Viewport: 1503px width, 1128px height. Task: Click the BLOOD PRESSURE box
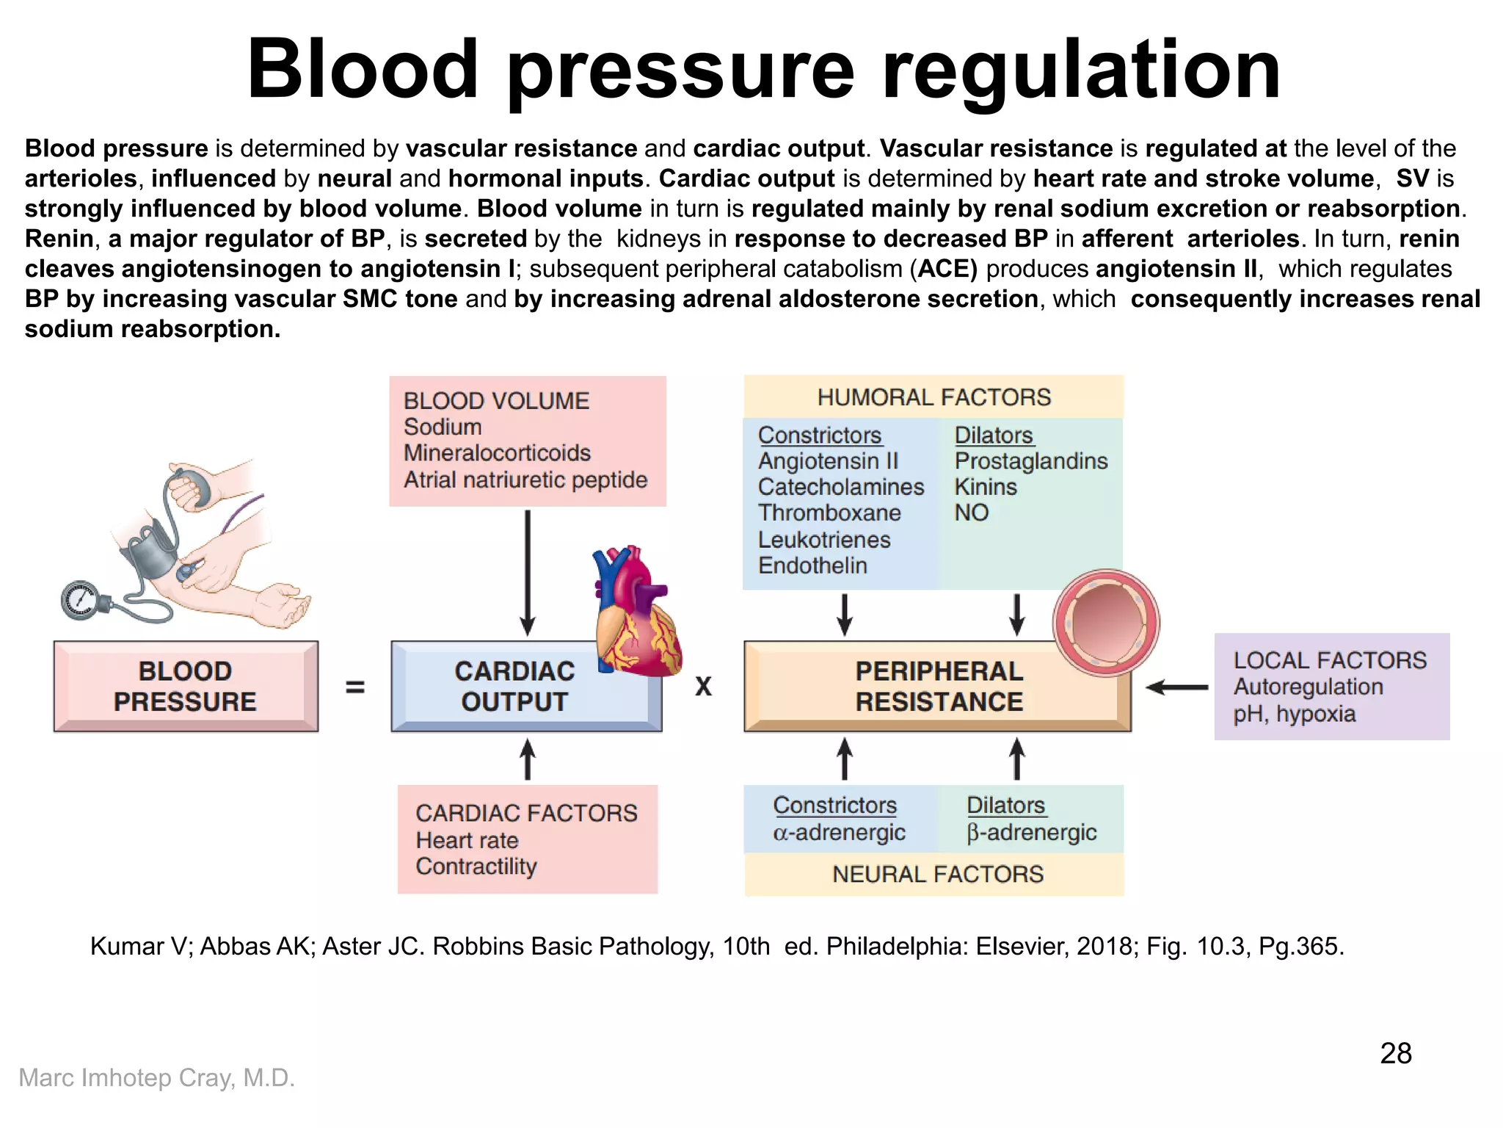[186, 686]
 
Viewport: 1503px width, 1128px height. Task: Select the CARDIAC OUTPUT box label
[514, 686]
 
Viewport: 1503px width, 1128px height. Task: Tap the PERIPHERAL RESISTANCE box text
[939, 686]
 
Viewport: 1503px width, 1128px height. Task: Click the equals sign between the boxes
[355, 687]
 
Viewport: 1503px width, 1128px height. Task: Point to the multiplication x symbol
[703, 687]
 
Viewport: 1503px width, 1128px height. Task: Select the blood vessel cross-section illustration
[1106, 623]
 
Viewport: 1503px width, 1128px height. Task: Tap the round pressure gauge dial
[79, 600]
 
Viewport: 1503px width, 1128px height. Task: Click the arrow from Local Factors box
[1177, 687]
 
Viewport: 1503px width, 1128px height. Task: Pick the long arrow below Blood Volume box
[527, 573]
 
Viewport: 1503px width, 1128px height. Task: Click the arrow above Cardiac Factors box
[527, 759]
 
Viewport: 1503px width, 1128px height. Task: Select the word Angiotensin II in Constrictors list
[828, 461]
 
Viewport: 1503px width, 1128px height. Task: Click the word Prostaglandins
[1030, 461]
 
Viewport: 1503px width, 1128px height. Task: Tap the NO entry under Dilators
[971, 513]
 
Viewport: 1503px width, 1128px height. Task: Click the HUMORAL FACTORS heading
[934, 397]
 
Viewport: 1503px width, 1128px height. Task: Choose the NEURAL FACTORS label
[937, 874]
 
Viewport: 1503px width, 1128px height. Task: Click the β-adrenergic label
[1031, 832]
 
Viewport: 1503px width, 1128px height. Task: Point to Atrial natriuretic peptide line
[525, 480]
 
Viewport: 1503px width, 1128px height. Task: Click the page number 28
[1395, 1053]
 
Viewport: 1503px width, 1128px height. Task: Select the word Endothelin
[812, 565]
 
